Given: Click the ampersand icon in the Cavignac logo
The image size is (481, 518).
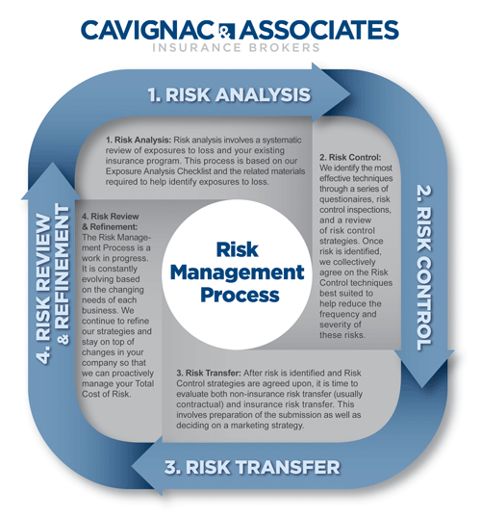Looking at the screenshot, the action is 227,31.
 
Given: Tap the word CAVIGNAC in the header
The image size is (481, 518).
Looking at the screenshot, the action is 148,30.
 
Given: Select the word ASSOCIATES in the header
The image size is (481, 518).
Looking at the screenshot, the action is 319,30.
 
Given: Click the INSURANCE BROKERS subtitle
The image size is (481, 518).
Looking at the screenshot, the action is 236,47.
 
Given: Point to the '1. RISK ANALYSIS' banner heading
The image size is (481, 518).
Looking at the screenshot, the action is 229,94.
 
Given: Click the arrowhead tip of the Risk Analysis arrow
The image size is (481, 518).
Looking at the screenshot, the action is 350,93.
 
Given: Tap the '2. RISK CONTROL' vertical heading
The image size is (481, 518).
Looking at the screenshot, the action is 424,268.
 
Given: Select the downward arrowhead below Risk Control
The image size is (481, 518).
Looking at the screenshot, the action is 422,385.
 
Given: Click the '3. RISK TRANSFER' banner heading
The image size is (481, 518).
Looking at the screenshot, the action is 252,467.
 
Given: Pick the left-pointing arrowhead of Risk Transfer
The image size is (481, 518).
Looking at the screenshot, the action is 133,467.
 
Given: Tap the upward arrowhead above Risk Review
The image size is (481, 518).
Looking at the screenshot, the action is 52,164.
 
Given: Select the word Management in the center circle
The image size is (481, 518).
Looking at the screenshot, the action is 237,272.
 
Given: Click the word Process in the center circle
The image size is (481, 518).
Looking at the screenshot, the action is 240,295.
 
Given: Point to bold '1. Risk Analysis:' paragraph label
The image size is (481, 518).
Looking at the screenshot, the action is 139,140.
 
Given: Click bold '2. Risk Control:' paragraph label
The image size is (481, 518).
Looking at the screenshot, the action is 350,157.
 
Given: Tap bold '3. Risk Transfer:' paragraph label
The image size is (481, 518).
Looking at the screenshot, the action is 209,373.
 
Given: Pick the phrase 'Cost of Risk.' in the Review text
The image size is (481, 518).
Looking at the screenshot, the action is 107,394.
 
